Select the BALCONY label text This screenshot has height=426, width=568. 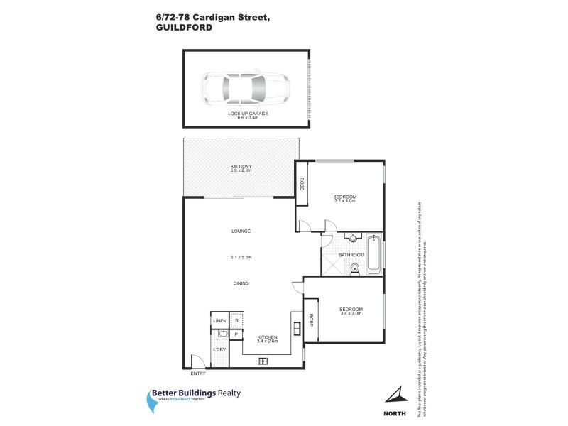pos(241,167)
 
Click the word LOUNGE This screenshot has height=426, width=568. pos(241,231)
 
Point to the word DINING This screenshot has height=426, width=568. pos(241,283)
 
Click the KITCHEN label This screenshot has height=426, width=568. pos(266,337)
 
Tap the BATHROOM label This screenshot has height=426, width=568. pos(351,255)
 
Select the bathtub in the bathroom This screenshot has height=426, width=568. pos(374,254)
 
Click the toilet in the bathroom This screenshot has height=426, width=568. pos(354,268)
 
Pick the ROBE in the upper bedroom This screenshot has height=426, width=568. pos(302,185)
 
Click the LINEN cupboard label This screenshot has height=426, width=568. pos(219,321)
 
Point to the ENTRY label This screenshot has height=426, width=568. pos(197,373)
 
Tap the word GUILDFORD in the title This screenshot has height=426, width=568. pos(180,28)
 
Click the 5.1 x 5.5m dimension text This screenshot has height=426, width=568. pos(241,258)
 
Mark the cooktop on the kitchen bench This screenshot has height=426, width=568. pos(263,361)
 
